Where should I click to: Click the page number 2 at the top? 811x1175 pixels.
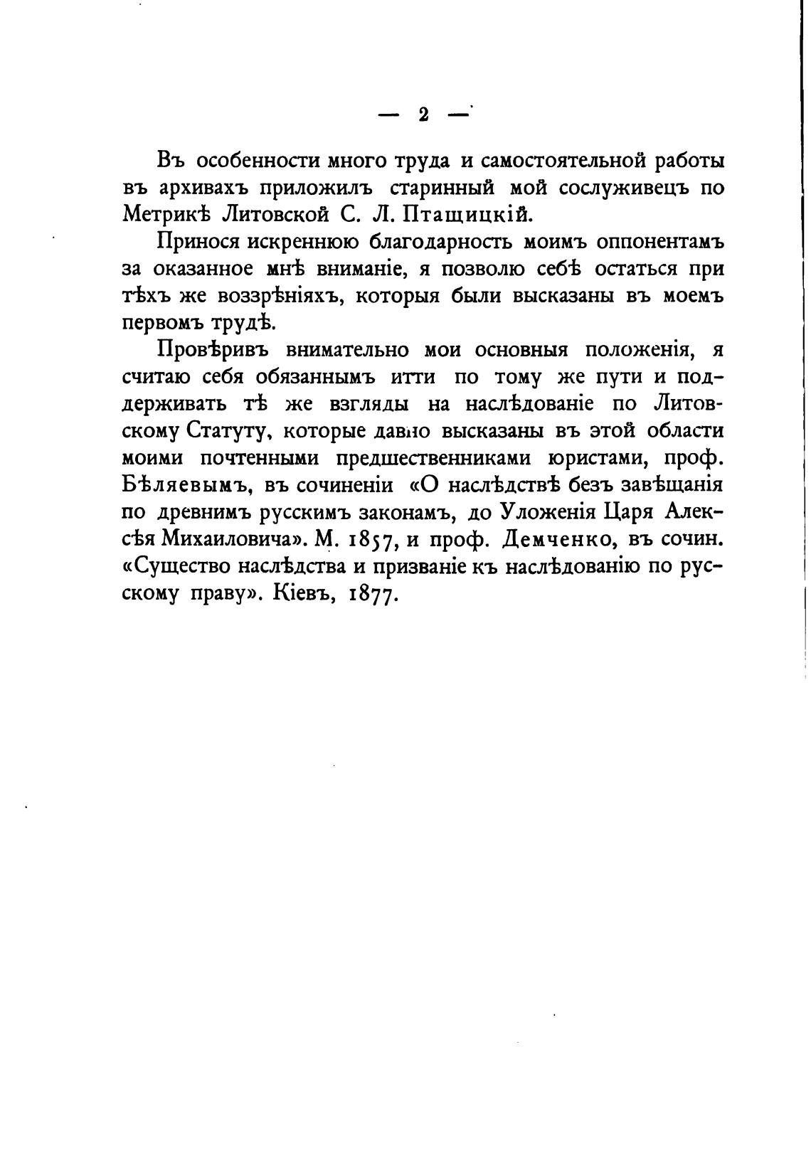423,115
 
